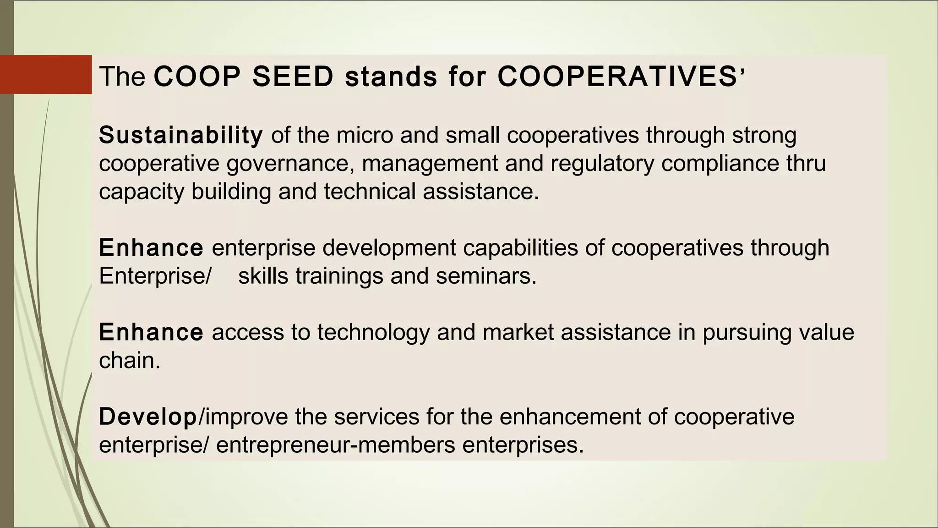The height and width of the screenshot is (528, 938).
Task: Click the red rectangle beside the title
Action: coord(45,74)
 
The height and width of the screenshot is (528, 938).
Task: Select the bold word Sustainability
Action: coord(181,135)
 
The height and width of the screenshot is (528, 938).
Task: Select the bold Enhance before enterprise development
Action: coord(151,248)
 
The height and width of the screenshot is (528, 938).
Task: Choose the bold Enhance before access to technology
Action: coord(151,332)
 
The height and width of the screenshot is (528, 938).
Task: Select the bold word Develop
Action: coord(147,417)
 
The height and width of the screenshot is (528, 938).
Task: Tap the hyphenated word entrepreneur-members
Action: coord(335,445)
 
